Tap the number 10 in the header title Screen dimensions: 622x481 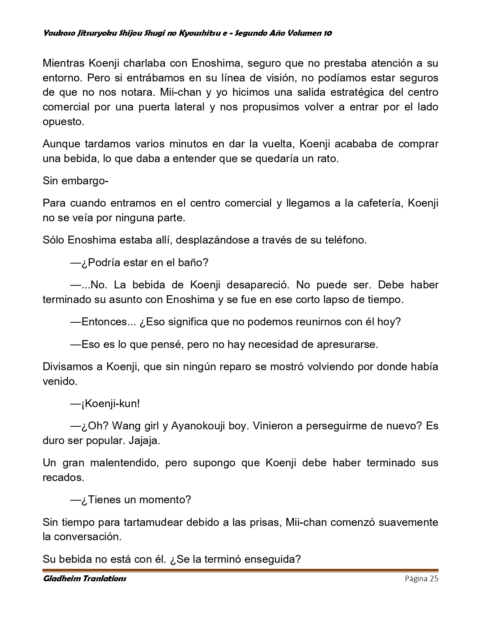(x=327, y=33)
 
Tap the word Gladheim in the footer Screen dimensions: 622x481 (x=60, y=579)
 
